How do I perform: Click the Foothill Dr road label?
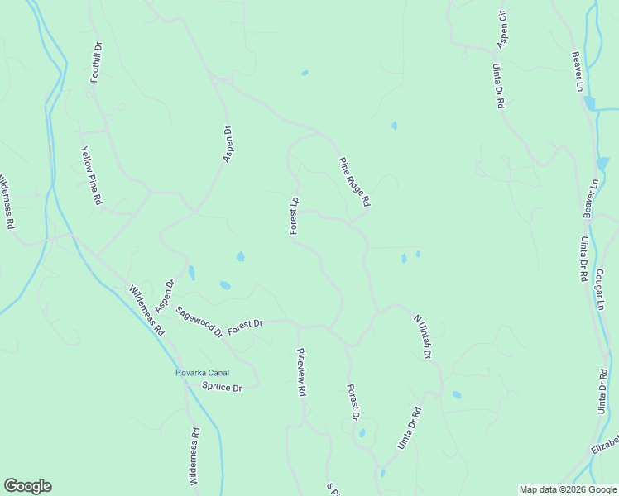97,61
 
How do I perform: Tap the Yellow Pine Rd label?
91,176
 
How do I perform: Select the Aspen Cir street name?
501,29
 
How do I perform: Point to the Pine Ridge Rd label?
353,182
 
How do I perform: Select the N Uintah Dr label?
422,336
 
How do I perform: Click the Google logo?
27,486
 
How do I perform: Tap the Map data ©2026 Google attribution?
568,489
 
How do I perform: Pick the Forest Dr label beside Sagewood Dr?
245,326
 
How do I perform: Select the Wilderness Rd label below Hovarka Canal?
194,455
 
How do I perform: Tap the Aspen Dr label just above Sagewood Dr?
166,296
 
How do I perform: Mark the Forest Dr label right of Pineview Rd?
353,403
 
